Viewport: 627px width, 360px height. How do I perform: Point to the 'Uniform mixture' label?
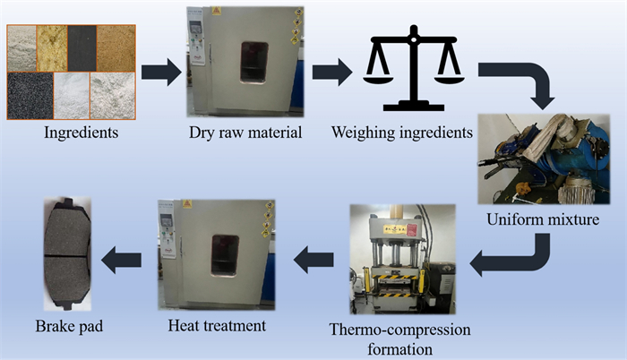[x=545, y=218]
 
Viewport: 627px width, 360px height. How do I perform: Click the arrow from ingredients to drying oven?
[x=160, y=72]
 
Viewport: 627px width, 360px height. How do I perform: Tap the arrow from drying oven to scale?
[x=331, y=72]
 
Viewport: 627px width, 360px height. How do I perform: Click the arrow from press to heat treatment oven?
[x=314, y=261]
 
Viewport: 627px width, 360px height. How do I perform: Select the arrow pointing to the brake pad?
[x=120, y=261]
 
